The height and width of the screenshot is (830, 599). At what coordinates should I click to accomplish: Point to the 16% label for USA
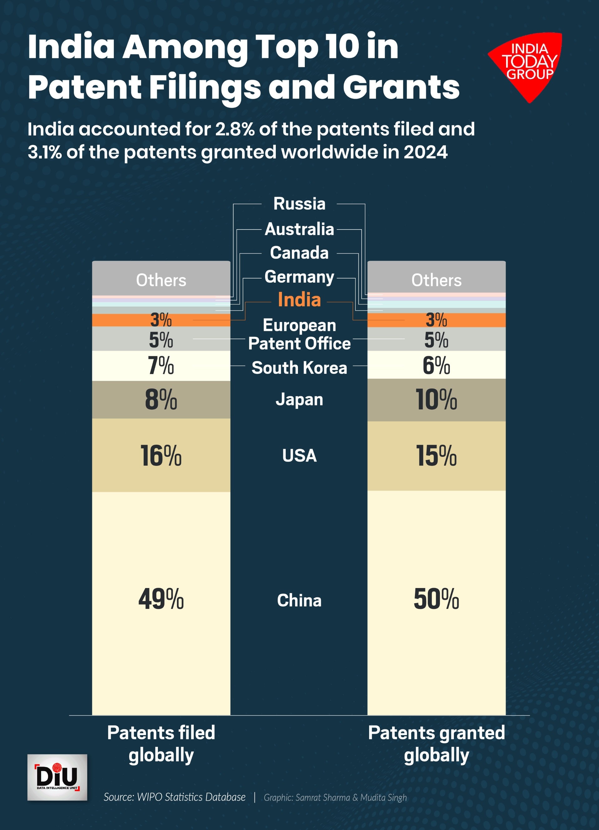coord(161,456)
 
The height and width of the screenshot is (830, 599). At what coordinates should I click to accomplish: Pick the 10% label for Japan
coord(436,400)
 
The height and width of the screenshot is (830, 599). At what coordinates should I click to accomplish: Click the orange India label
coord(299,300)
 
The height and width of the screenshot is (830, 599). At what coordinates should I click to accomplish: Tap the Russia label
coord(299,204)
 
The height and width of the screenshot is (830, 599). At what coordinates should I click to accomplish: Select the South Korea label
coord(299,368)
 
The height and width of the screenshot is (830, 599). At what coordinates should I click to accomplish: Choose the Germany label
coord(299,277)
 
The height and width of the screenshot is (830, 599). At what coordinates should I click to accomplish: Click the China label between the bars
coord(299,600)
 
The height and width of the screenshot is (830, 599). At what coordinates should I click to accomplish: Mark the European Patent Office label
coord(299,334)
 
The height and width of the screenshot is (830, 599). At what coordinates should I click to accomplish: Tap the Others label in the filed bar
coord(161,280)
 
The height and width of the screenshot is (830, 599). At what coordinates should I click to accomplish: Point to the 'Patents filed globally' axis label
coord(161,744)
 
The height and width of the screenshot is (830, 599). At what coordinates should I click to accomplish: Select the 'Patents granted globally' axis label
coord(436,744)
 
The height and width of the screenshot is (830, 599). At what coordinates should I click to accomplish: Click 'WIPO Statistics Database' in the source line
coord(191,797)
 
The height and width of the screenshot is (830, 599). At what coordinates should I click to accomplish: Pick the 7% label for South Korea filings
coord(161,366)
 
